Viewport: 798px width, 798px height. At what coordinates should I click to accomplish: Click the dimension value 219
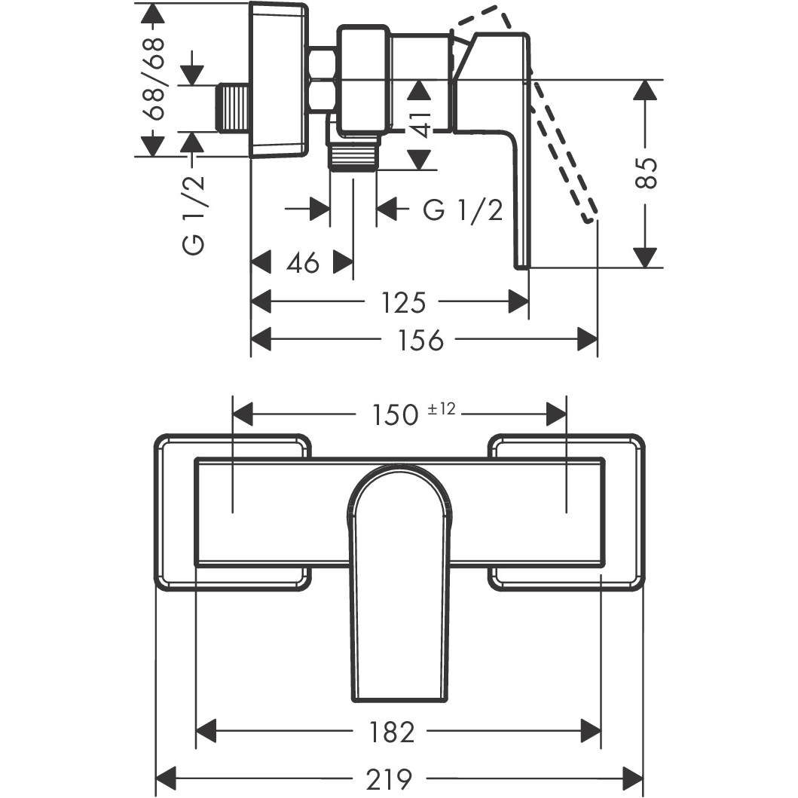tap(389, 778)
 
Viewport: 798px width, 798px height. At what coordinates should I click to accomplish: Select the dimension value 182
tap(390, 732)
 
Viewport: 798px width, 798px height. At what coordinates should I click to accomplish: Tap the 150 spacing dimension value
tap(396, 414)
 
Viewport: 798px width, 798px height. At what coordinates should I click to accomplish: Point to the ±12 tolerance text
tap(442, 408)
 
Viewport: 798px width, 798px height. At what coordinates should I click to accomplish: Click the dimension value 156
tap(420, 340)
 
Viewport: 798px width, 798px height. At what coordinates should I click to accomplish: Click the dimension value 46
tap(303, 263)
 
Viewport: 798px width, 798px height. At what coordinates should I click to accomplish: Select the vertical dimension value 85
tap(647, 173)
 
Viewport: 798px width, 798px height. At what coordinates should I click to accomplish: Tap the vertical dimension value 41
tap(420, 125)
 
